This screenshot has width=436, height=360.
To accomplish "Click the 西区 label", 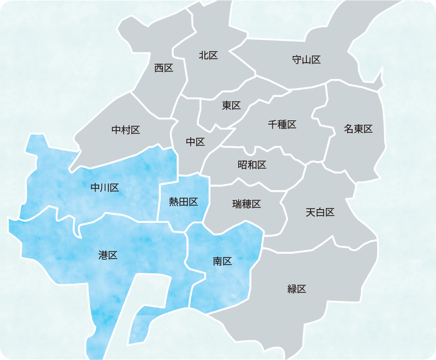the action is click(163, 68).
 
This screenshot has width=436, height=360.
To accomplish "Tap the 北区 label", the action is click(209, 55).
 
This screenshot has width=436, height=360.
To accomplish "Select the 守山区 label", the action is click(306, 60).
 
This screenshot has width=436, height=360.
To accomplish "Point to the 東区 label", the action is click(231, 106).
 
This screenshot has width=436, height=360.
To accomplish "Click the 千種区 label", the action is click(282, 124).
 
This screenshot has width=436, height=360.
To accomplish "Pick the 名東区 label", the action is click(358, 129).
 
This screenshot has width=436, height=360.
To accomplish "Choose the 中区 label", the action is click(195, 142).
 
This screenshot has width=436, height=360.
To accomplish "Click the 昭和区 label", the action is click(252, 164).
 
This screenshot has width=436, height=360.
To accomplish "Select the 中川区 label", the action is click(105, 188).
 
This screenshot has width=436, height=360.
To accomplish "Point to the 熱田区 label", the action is click(183, 202).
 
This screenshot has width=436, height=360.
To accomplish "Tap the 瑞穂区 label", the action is click(247, 204).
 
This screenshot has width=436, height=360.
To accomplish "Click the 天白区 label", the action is click(320, 212).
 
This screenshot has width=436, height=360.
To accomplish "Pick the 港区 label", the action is click(108, 255).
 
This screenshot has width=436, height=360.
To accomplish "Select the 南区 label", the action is click(222, 261).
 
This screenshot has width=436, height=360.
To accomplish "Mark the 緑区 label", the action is click(297, 289).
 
